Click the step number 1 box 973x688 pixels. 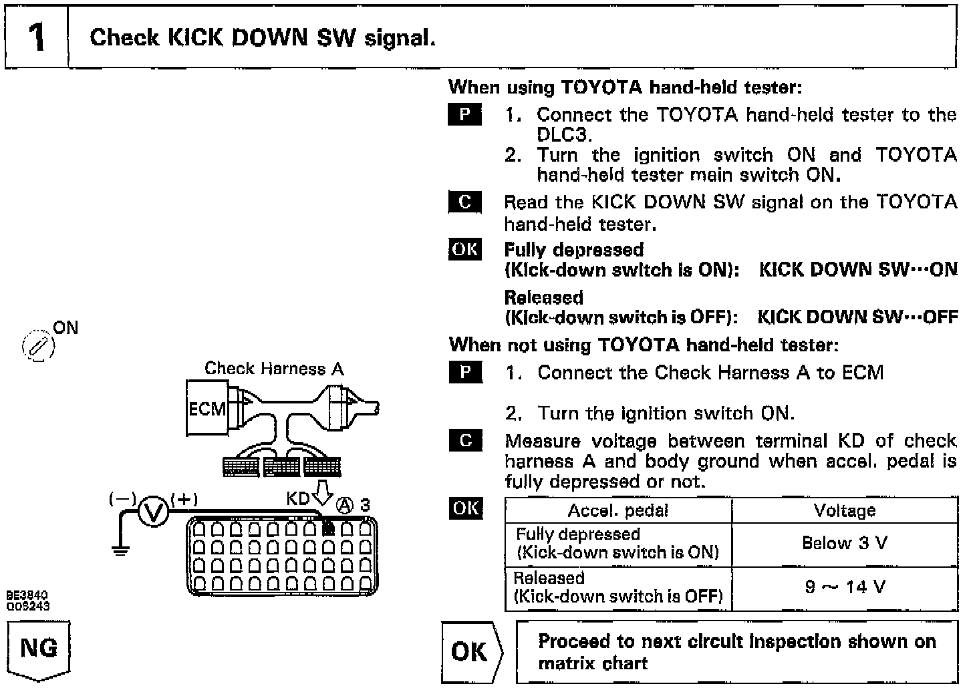(x=37, y=37)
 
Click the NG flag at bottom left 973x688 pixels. (x=39, y=649)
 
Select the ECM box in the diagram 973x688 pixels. (x=206, y=408)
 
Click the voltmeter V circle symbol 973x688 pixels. (x=154, y=512)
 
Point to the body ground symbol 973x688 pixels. (x=120, y=549)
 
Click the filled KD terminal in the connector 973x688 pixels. (x=328, y=529)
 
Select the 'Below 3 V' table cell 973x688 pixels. (x=845, y=543)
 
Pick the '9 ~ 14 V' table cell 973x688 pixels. (x=845, y=588)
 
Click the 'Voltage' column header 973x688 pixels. (x=845, y=511)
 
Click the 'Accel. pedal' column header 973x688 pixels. (x=617, y=511)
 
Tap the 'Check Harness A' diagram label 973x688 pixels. (x=274, y=368)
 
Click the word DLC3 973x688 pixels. (x=565, y=134)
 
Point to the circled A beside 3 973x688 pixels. (x=345, y=505)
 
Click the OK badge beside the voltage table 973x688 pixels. (x=465, y=508)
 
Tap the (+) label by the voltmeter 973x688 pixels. (x=184, y=499)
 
